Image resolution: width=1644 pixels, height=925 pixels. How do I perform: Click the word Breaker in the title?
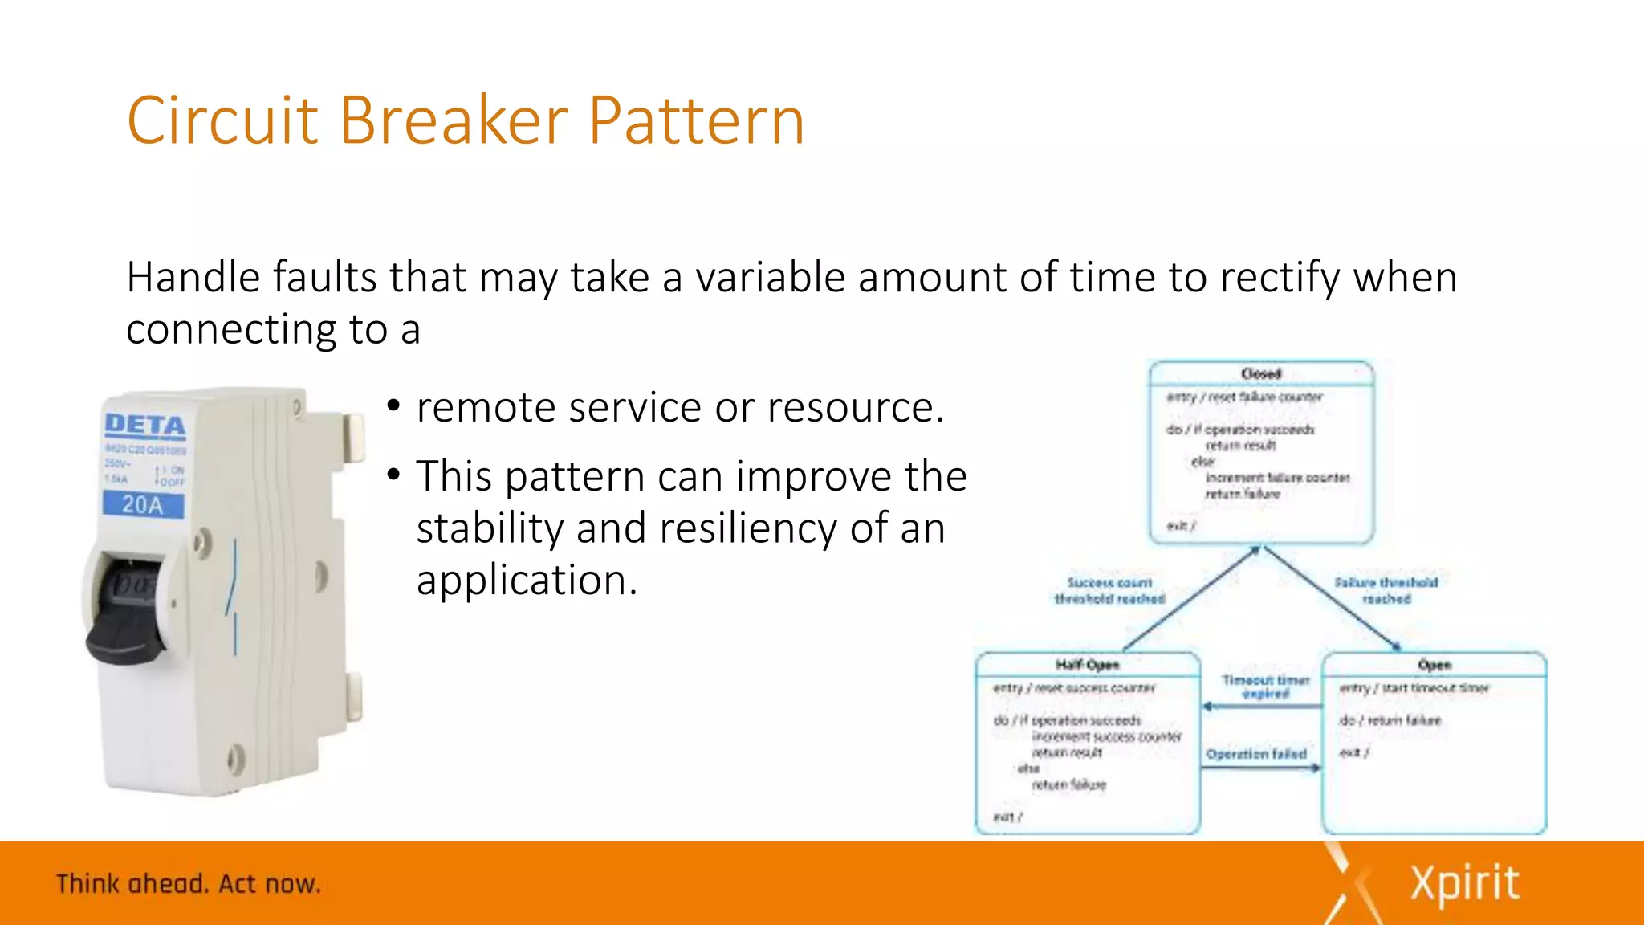pyautogui.click(x=454, y=120)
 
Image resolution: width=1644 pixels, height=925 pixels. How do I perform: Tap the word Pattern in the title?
pyautogui.click(x=696, y=120)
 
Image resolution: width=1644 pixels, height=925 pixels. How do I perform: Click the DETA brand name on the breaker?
pyautogui.click(x=145, y=425)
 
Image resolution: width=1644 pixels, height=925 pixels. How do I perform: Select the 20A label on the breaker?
pyautogui.click(x=143, y=505)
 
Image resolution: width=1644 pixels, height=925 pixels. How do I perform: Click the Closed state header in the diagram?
pyautogui.click(x=1261, y=374)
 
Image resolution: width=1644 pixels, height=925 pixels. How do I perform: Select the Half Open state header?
pyautogui.click(x=1087, y=665)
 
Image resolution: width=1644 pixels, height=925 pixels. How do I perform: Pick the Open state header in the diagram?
pyautogui.click(x=1434, y=665)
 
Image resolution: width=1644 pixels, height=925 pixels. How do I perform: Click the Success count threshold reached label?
pyautogui.click(x=1109, y=591)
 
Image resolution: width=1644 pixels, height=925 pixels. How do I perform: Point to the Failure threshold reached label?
pyautogui.click(x=1386, y=591)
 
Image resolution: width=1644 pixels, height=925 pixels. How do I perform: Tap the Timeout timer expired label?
pyautogui.click(x=1265, y=687)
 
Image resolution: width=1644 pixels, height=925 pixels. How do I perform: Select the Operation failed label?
pyautogui.click(x=1256, y=754)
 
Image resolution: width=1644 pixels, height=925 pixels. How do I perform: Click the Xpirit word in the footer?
pyautogui.click(x=1464, y=884)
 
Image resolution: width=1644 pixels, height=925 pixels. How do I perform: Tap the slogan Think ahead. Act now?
pyautogui.click(x=189, y=884)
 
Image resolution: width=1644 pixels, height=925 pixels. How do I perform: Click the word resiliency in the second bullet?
pyautogui.click(x=747, y=528)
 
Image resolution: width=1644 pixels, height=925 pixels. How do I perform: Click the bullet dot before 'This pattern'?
pyautogui.click(x=393, y=475)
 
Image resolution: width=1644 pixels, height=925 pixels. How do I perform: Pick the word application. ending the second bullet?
pyautogui.click(x=527, y=581)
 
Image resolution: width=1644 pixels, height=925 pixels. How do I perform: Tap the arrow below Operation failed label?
pyautogui.click(x=1260, y=768)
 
